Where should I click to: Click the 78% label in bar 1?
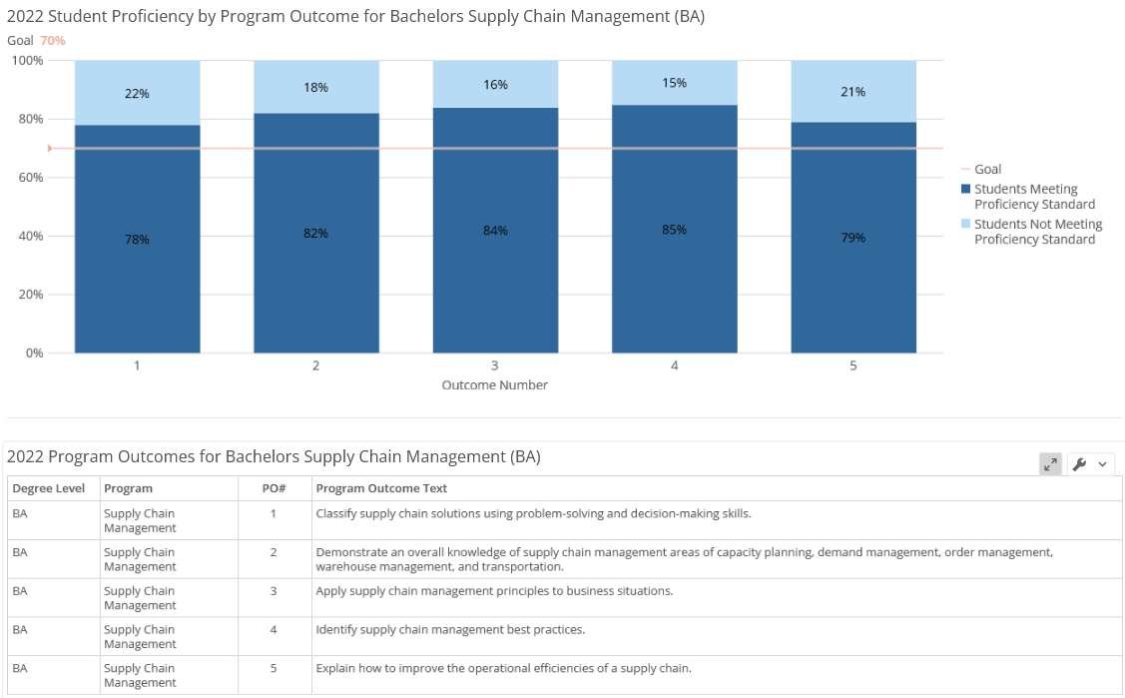pyautogui.click(x=137, y=240)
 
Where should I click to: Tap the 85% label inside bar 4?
pyautogui.click(x=674, y=230)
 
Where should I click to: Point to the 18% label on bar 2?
pyautogui.click(x=315, y=88)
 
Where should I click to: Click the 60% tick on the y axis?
pyautogui.click(x=27, y=178)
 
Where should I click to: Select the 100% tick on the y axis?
pyautogui.click(x=27, y=61)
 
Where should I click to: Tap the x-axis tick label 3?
pyautogui.click(x=495, y=366)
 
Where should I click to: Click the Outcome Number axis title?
pyautogui.click(x=495, y=385)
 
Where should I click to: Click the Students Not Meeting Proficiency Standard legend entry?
pyautogui.click(x=1037, y=232)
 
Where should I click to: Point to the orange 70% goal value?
pyautogui.click(x=53, y=40)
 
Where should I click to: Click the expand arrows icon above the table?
pyautogui.click(x=1050, y=464)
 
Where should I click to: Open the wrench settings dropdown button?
pyautogui.click(x=1090, y=464)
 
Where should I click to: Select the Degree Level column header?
pyautogui.click(x=49, y=488)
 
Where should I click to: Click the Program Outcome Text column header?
pyautogui.click(x=381, y=488)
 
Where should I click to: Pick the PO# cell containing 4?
pyautogui.click(x=274, y=630)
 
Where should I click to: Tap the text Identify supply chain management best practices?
pyautogui.click(x=450, y=630)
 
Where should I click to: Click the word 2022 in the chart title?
pyautogui.click(x=25, y=16)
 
